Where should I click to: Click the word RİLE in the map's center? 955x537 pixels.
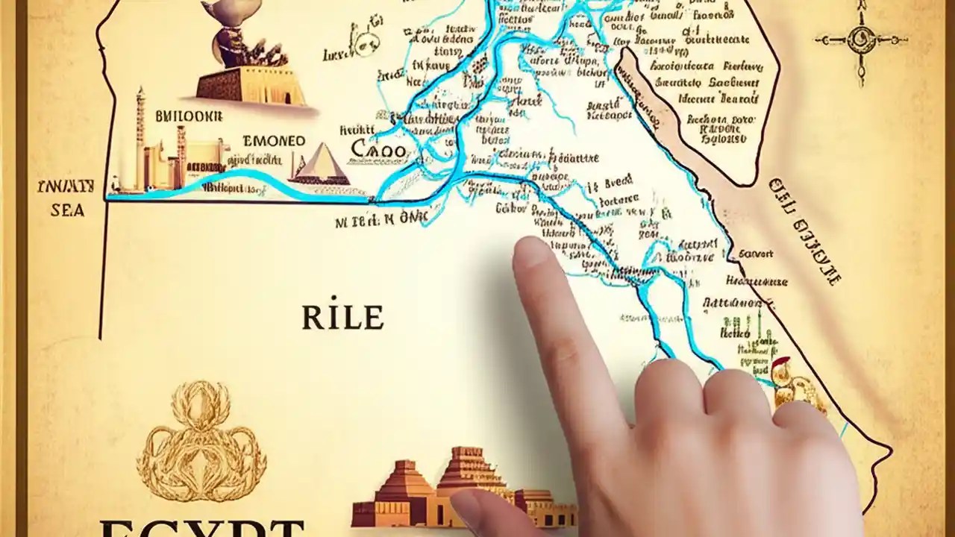tap(342, 318)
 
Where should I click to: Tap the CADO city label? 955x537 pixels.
tap(378, 150)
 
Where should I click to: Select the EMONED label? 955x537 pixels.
tap(274, 141)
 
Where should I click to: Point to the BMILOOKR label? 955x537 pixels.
tap(189, 116)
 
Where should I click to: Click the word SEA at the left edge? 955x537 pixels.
tap(67, 211)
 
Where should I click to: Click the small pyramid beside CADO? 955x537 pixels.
tap(321, 165)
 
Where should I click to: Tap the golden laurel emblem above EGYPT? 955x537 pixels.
tap(201, 441)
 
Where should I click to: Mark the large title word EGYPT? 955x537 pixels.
tap(201, 528)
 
